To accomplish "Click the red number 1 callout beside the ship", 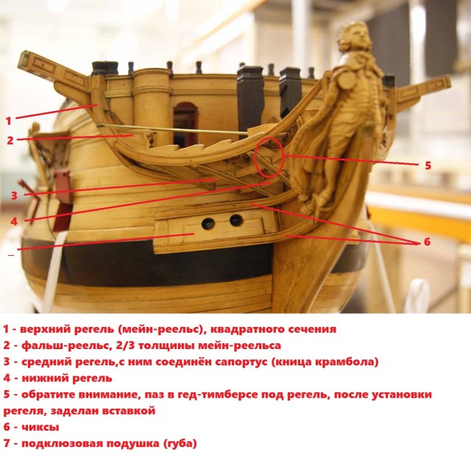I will (x=9, y=120).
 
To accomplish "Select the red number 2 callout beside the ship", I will (x=10, y=140).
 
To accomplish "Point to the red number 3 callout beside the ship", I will (x=14, y=195).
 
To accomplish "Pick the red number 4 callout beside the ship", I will (x=14, y=220).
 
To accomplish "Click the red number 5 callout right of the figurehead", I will (x=428, y=165).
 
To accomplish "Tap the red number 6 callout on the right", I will (x=426, y=241).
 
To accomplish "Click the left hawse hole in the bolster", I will (x=209, y=223).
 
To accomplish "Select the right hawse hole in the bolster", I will (x=236, y=220).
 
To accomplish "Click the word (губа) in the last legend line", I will (x=178, y=443).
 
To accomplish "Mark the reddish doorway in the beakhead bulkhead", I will (x=185, y=121).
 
